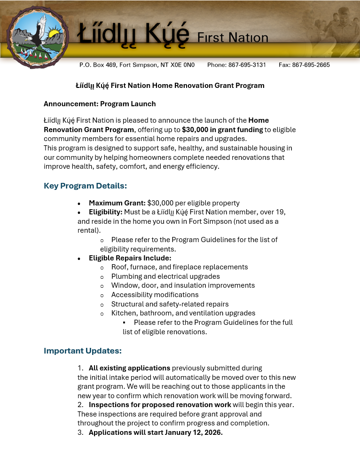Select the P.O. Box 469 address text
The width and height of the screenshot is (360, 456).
pyautogui.click(x=137, y=65)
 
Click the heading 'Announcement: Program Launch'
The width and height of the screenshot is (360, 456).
pyautogui.click(x=100, y=104)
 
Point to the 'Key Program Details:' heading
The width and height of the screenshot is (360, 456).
pyautogui.click(x=86, y=186)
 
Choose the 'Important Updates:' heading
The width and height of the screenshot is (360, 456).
pyautogui.click(x=83, y=351)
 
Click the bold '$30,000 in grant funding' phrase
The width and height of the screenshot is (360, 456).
pyautogui.click(x=222, y=130)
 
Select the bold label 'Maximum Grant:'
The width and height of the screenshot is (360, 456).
pyautogui.click(x=117, y=203)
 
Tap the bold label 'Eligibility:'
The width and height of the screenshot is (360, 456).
pyautogui.click(x=106, y=212)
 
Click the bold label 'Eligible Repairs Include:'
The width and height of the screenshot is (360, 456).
pyautogui.click(x=130, y=258)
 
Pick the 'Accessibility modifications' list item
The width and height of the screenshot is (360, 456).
pyautogui.click(x=155, y=295)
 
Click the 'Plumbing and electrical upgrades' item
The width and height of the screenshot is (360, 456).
pyautogui.click(x=165, y=276)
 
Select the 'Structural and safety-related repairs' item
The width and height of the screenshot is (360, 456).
pyautogui.click(x=170, y=304)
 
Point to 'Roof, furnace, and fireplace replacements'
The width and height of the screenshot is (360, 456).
pyautogui.click(x=180, y=267)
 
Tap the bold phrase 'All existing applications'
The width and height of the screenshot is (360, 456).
pyautogui.click(x=129, y=368)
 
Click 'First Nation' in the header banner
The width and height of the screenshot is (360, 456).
pyautogui.click(x=233, y=38)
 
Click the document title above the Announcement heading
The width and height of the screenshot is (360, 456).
pyautogui.click(x=170, y=86)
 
